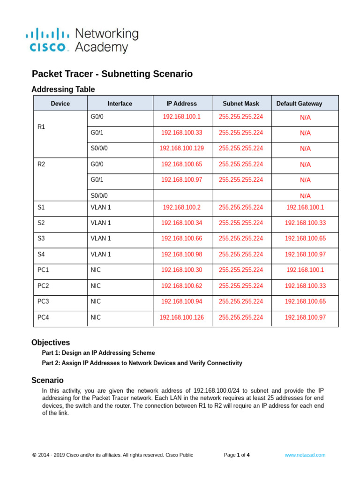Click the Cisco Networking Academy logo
point(82,40)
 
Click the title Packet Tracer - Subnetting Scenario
point(112,74)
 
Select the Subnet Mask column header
point(240,104)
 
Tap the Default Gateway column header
point(299,104)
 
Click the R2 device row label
point(41,164)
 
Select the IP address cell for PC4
point(181,317)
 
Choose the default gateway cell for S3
point(305,239)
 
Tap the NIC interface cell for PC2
point(96,286)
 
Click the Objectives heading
point(51,343)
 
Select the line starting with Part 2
point(142,363)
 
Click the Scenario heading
point(47,380)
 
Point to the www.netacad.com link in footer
point(305,455)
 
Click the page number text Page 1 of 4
point(237,455)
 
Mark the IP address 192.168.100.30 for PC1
point(181,270)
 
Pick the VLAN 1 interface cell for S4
point(101,255)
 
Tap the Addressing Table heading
point(63,89)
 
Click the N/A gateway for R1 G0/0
point(305,118)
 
